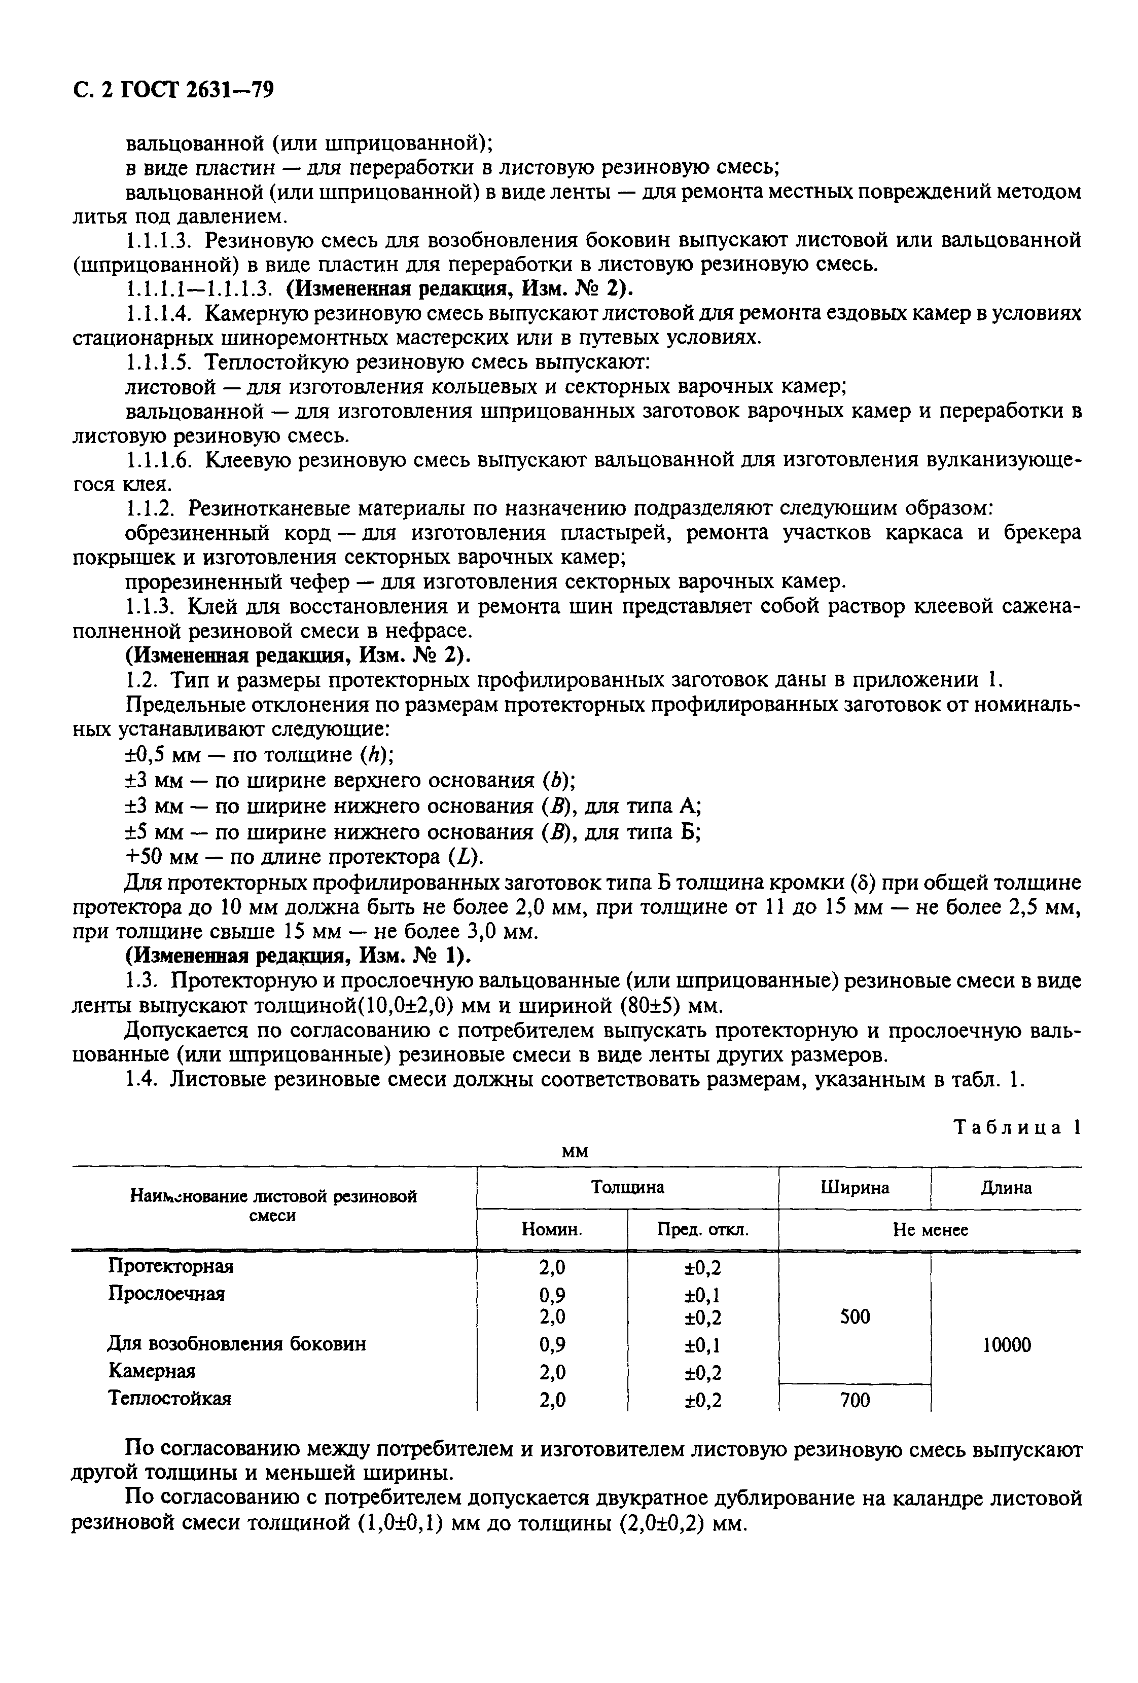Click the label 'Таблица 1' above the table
(1017, 1127)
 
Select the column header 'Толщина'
(627, 1187)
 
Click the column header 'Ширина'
(855, 1187)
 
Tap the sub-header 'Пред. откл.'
(703, 1230)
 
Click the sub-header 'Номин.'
(552, 1230)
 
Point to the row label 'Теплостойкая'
(169, 1399)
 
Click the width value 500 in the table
(855, 1316)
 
